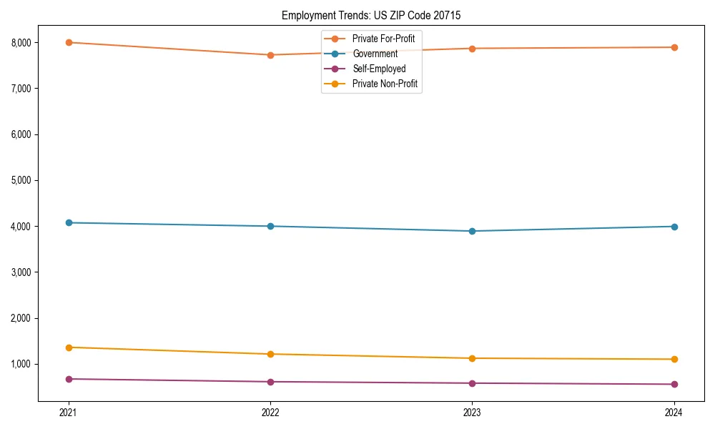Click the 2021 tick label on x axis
click(x=69, y=413)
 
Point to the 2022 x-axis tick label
click(x=270, y=413)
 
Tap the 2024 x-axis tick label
click(x=674, y=413)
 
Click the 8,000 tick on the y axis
click(x=22, y=43)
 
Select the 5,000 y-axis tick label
click(x=22, y=180)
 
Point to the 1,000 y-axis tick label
click(x=22, y=364)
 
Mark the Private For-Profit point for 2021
click(x=69, y=42)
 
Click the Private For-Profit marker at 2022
click(x=270, y=55)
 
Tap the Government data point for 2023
click(x=472, y=231)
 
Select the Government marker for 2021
click(x=69, y=222)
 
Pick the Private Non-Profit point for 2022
click(x=270, y=354)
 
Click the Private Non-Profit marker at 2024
click(x=674, y=359)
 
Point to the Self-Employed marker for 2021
click(x=69, y=379)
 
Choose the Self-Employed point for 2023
click(x=472, y=383)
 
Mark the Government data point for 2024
click(x=674, y=227)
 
